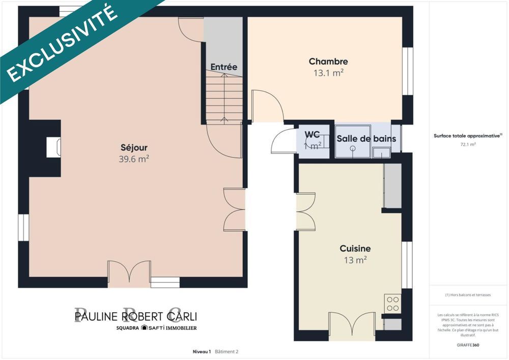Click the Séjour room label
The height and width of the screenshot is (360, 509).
[134, 148]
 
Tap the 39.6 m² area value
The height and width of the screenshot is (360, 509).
[134, 159]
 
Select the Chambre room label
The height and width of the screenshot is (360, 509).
[328, 62]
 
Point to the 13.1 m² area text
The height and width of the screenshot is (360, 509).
[328, 73]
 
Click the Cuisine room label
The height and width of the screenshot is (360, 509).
[355, 248]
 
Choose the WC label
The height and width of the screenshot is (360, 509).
[312, 135]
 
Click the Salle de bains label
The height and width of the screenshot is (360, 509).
[366, 139]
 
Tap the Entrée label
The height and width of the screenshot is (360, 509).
[224, 67]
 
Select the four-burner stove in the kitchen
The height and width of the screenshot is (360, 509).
[392, 303]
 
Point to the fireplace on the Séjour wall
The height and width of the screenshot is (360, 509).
[53, 148]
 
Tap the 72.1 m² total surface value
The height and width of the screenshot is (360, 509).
[468, 144]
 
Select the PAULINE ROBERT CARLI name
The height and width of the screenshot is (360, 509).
[135, 316]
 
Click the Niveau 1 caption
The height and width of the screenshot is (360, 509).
[202, 351]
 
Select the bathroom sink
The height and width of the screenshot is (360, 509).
[381, 152]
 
